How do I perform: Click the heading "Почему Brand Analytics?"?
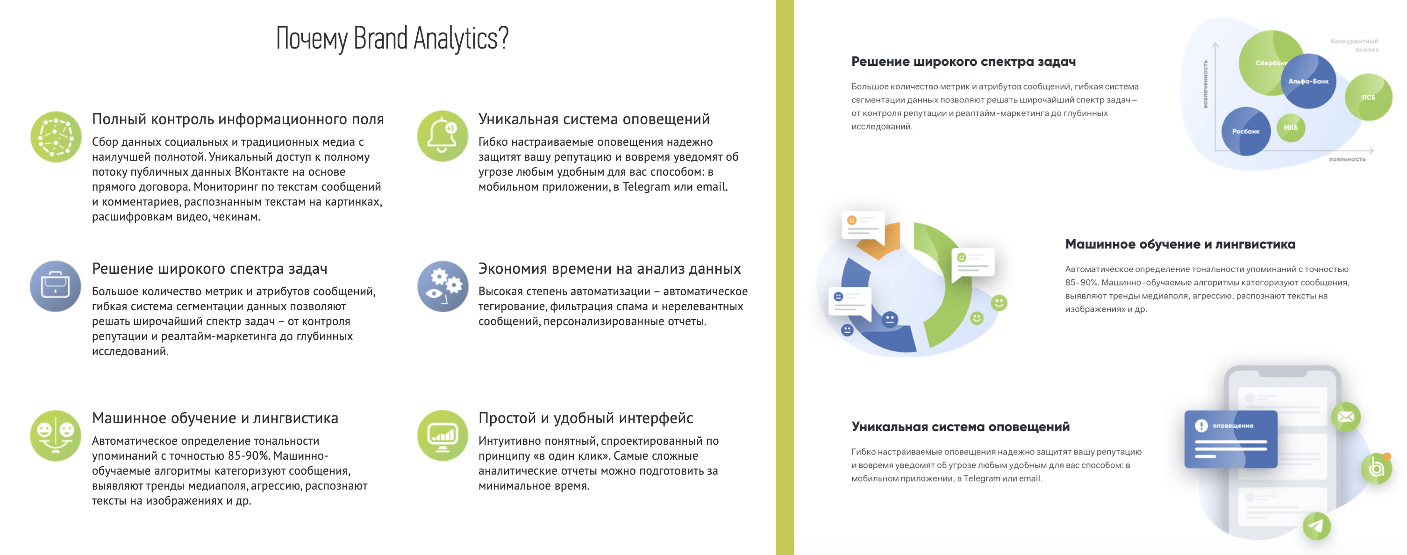(392, 38)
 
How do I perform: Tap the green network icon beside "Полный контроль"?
(56, 136)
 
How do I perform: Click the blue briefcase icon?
(56, 286)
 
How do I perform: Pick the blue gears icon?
(443, 286)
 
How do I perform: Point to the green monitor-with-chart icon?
(443, 435)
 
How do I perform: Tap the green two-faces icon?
(56, 435)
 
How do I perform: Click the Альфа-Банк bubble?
(1309, 81)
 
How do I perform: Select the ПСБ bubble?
(1368, 97)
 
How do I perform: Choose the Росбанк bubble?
(1246, 131)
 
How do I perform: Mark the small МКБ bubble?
(1291, 128)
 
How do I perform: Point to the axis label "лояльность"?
(1347, 159)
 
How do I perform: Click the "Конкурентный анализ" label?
(1354, 45)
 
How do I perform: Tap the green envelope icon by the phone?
(1346, 417)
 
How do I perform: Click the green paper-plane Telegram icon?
(1316, 526)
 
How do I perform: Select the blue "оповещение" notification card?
(1230, 439)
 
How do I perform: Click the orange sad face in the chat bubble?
(851, 220)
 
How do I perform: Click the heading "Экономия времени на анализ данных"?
(609, 269)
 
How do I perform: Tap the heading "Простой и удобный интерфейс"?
(586, 418)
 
